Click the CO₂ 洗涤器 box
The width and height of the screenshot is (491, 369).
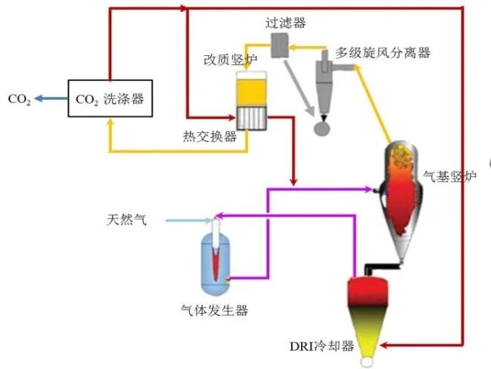[110, 98]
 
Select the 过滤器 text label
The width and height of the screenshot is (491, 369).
[285, 23]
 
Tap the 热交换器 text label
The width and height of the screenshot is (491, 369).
[210, 137]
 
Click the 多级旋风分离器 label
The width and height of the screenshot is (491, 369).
[383, 53]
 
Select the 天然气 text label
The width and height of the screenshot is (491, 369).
[125, 221]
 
